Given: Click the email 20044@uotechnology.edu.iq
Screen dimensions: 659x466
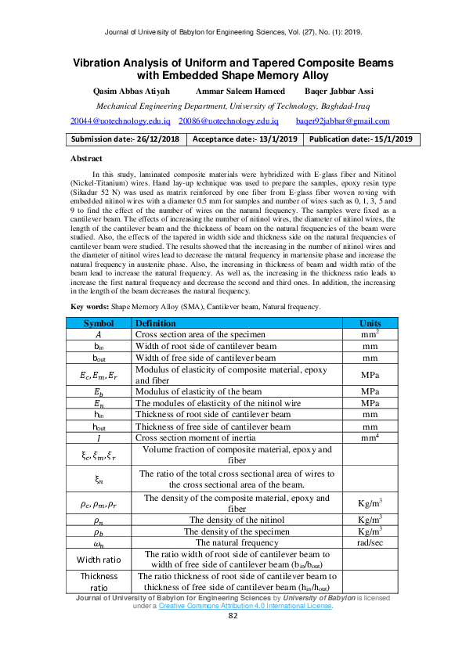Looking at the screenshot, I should pyautogui.click(x=121, y=121).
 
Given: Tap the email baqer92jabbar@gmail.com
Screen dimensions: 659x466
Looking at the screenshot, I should pyautogui.click(x=342, y=121).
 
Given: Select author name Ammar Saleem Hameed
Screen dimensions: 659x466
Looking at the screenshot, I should pyautogui.click(x=231, y=92).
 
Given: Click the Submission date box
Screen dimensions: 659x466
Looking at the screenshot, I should pyautogui.click(x=125, y=139).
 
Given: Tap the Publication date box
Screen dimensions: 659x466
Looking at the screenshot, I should pyautogui.click(x=361, y=139).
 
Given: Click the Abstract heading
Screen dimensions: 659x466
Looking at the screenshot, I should pyautogui.click(x=86, y=158).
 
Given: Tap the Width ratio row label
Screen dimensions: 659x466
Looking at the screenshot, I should pyautogui.click(x=99, y=559).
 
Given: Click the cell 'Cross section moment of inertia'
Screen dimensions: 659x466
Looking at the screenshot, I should pyautogui.click(x=196, y=438).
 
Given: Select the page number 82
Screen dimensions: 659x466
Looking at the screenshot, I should pyautogui.click(x=233, y=615).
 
